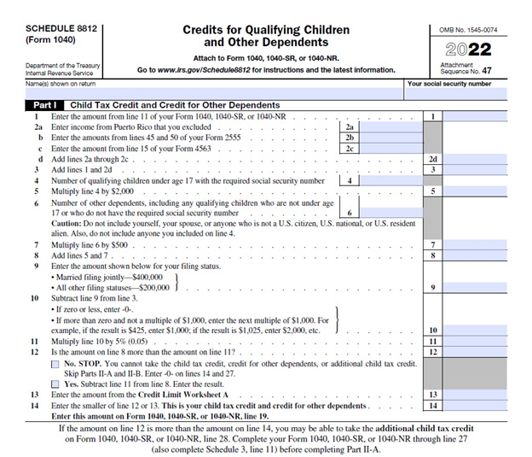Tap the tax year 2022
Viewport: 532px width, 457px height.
pos(471,50)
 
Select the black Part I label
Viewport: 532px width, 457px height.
pos(38,105)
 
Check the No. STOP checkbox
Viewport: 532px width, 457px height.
pos(55,364)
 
